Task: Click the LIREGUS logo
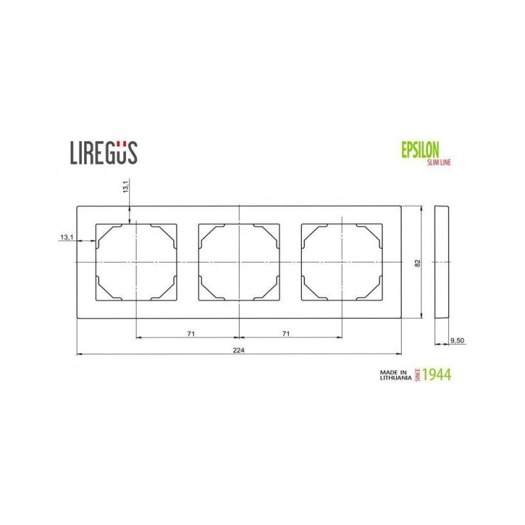coord(104,153)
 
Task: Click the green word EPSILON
coord(420,150)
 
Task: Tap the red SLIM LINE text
coord(439,162)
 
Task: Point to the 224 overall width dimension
coord(238,350)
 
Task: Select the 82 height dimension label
coord(417,263)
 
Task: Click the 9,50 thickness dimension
coord(457,341)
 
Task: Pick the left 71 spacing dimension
coord(191,334)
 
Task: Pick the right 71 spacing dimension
coord(285,334)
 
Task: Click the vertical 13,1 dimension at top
coord(125,186)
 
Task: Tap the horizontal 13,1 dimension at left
coord(67,238)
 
